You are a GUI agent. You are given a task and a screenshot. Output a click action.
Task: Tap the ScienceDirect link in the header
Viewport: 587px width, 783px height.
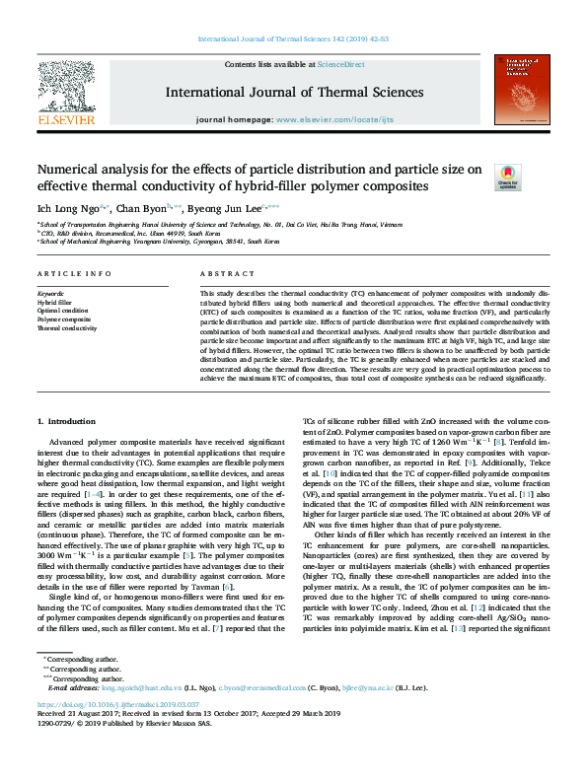[340, 63]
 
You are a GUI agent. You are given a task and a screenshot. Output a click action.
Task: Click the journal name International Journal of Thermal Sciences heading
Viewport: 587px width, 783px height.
[294, 93]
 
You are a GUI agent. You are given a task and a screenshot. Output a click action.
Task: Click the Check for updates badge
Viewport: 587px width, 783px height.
[507, 177]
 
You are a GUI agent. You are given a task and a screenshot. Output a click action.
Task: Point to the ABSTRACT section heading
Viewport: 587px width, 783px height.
[220, 272]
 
